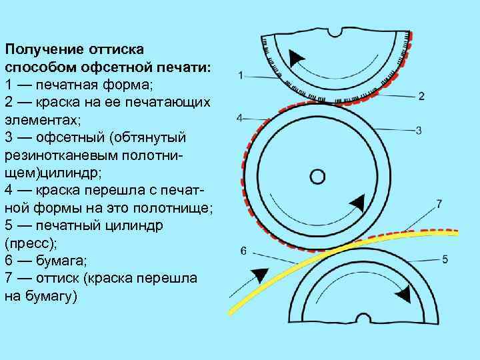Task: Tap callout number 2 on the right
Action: coord(421,96)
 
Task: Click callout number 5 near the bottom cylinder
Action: coord(445,259)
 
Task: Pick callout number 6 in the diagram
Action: coord(243,251)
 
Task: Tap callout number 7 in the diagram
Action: coord(439,202)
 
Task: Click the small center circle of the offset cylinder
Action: coord(318,177)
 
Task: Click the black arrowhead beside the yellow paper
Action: coord(256,274)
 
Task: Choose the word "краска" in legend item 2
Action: coord(66,103)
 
